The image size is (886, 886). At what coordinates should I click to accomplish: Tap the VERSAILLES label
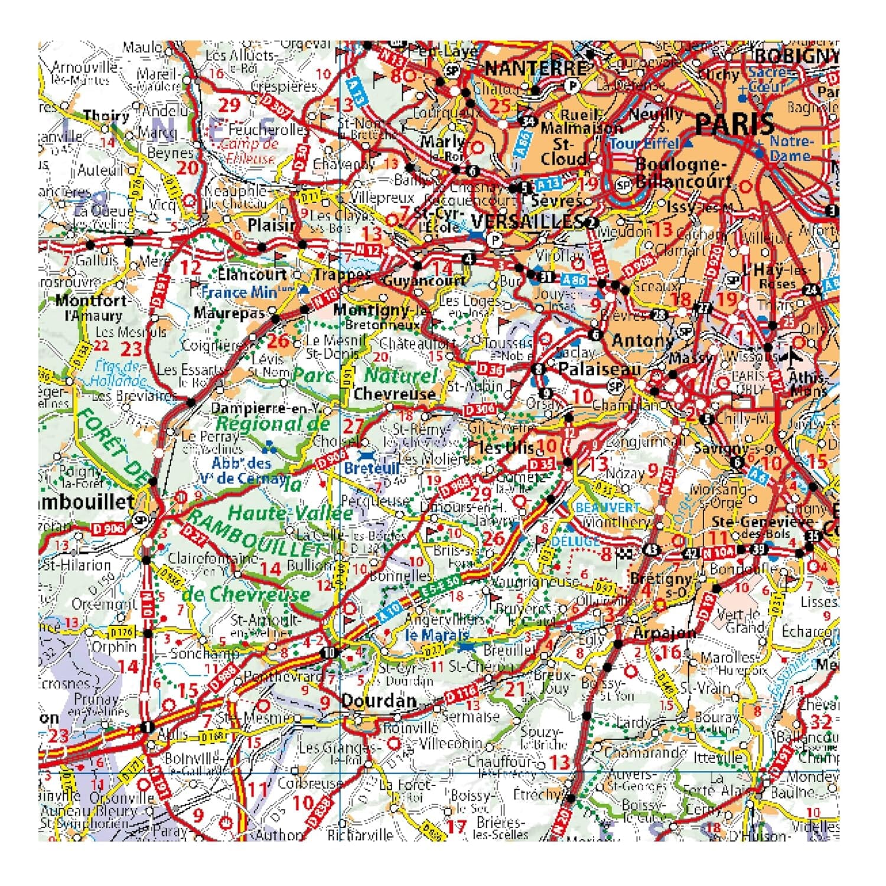(527, 221)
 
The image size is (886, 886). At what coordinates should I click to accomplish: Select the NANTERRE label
(536, 69)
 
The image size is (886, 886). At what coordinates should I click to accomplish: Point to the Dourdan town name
(379, 701)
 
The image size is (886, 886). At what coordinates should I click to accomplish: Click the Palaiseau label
(599, 369)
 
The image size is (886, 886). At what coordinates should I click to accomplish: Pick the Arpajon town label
(664, 633)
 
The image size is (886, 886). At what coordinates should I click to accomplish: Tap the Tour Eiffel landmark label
(645, 144)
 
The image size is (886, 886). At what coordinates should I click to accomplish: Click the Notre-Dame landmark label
(790, 148)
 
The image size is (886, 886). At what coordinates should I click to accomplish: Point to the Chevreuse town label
(395, 393)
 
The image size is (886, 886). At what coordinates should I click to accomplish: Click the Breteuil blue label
(372, 468)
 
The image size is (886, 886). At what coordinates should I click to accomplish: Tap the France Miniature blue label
(248, 292)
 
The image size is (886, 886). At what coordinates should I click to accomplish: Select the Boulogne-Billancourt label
(682, 172)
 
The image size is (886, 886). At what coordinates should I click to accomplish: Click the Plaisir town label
(271, 225)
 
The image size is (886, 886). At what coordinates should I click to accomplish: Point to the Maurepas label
(229, 312)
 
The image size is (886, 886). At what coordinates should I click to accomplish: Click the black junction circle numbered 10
(328, 653)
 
